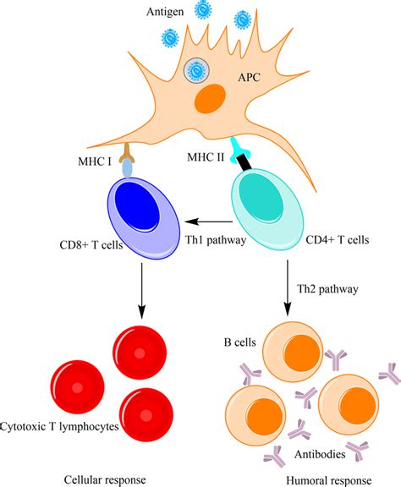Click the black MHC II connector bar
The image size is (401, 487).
coord(248,158)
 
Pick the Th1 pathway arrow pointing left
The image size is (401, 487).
coord(207,222)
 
